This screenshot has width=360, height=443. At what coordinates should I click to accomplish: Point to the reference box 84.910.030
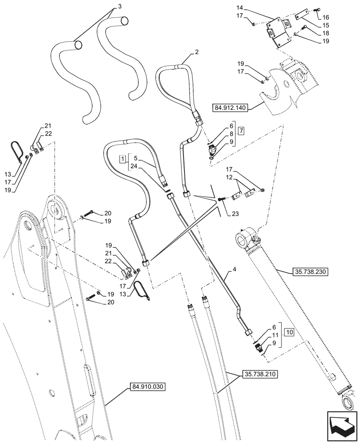pos(148,387)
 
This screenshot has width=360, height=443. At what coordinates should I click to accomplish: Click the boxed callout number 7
pos(241,131)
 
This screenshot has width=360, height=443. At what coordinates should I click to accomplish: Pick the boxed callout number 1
pos(121,159)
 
